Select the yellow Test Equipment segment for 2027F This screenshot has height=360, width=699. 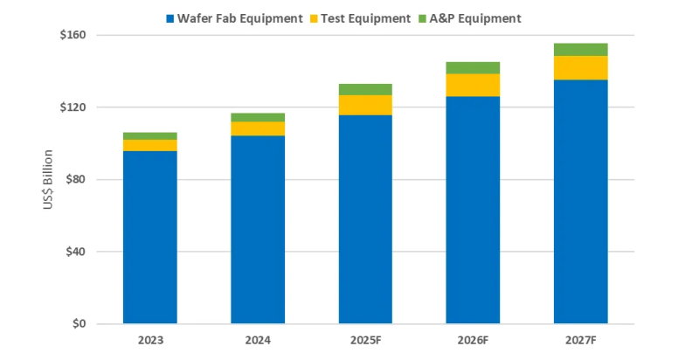[580, 68]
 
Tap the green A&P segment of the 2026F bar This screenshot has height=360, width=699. [473, 68]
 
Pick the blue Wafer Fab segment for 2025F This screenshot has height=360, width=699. [365, 219]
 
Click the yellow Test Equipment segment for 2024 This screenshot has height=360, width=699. [258, 128]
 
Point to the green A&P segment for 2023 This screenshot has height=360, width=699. [149, 136]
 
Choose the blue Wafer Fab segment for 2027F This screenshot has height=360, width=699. [580, 202]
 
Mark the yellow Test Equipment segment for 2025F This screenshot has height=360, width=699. [365, 105]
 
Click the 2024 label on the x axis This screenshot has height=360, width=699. [258, 341]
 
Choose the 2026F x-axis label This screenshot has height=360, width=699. [473, 341]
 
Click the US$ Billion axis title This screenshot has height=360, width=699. [50, 180]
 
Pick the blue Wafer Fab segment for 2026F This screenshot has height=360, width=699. [473, 210]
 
